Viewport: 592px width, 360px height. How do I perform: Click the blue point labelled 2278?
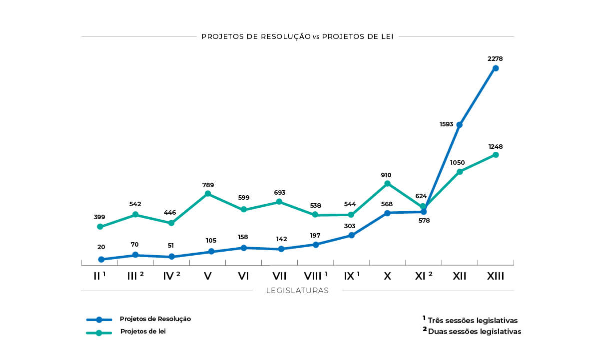click(496, 68)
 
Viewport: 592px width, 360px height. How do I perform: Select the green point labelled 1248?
click(496, 155)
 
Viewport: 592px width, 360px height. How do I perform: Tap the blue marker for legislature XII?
click(460, 125)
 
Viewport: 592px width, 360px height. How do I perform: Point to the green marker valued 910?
click(387, 184)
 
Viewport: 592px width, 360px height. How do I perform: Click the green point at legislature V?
click(208, 194)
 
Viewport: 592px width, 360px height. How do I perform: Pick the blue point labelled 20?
click(101, 260)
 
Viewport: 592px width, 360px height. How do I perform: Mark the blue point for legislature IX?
click(352, 235)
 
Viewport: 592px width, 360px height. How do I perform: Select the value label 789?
click(208, 185)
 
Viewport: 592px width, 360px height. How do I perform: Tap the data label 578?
click(424, 220)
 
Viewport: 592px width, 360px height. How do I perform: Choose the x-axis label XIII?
click(496, 276)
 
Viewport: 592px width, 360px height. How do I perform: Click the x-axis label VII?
click(279, 276)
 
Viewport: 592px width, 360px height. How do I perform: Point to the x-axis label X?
click(387, 276)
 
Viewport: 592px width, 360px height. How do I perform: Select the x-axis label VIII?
click(313, 276)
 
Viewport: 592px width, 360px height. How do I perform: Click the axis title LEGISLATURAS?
click(297, 291)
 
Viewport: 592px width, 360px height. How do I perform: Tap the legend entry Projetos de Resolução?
click(155, 319)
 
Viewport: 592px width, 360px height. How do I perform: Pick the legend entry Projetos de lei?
click(143, 332)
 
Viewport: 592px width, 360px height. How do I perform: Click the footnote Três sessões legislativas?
click(473, 321)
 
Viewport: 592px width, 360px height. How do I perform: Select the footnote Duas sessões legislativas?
click(474, 332)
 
